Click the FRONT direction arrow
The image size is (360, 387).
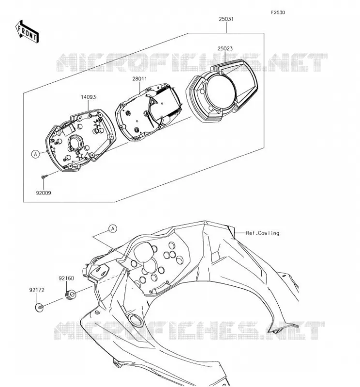click(27, 31)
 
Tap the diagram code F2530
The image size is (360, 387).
click(278, 13)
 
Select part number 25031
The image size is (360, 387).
click(226, 19)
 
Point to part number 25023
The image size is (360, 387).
click(225, 48)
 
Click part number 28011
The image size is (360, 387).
click(139, 79)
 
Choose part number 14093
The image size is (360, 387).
click(89, 97)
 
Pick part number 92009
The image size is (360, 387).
click(44, 193)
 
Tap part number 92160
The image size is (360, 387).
click(66, 278)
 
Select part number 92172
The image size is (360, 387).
click(37, 290)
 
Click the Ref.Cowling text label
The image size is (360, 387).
click(262, 233)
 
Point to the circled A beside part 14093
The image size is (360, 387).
click(36, 154)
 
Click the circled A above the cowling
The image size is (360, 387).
click(113, 229)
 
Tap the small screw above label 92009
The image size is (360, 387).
click(45, 176)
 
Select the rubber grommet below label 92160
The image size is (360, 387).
click(71, 295)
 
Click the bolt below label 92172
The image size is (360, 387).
click(40, 308)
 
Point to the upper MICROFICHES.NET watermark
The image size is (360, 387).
click(192, 62)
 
